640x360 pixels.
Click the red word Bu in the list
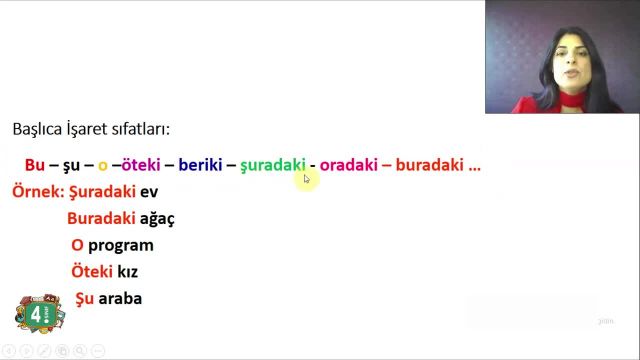click(x=34, y=165)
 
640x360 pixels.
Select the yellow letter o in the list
click(x=102, y=166)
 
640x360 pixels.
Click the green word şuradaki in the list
click(x=272, y=166)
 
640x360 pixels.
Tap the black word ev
click(x=149, y=191)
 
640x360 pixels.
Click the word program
click(x=120, y=245)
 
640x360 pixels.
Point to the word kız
click(x=127, y=272)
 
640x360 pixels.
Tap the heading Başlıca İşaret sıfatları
click(x=91, y=129)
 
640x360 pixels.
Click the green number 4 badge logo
click(x=37, y=314)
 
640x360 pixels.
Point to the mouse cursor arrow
click(x=307, y=179)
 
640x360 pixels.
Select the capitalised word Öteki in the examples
click(x=91, y=272)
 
